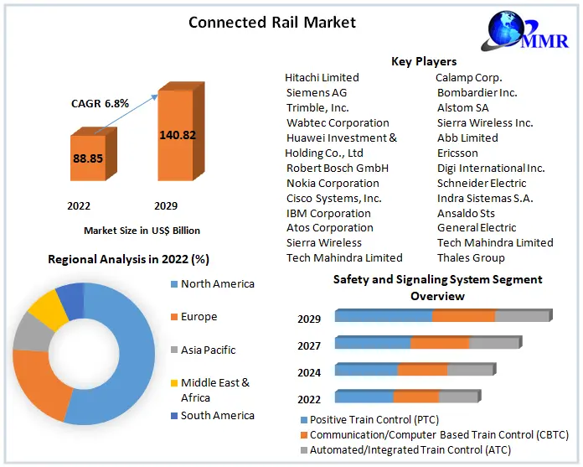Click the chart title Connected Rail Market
tap(271, 23)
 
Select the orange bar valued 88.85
tap(87, 158)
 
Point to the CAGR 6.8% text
tap(100, 103)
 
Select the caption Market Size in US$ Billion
tap(142, 230)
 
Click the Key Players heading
tap(424, 61)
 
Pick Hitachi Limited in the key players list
tap(322, 77)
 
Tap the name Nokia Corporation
tap(333, 183)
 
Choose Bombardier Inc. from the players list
tap(477, 92)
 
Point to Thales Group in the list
tap(471, 257)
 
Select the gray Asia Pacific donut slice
tap(32, 333)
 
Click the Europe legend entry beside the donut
tap(199, 317)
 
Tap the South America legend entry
tap(217, 415)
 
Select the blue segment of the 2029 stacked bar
tap(384, 315)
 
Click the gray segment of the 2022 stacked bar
tap(459, 396)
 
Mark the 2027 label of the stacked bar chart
tap(308, 345)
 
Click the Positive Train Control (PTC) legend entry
tap(374, 419)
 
